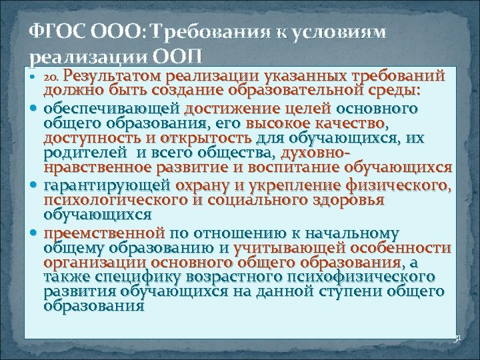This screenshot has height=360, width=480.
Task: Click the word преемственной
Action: (x=104, y=233)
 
